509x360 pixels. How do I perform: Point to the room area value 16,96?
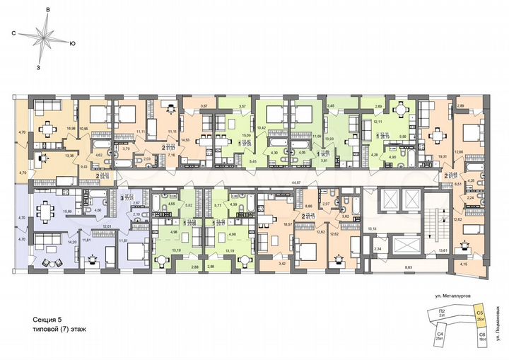pyautogui.click(x=69, y=129)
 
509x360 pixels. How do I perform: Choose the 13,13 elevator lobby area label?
pyautogui.click(x=373, y=228)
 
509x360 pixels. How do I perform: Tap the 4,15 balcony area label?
pyautogui.click(x=462, y=265)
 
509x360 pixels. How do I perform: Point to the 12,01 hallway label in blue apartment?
pyautogui.click(x=108, y=226)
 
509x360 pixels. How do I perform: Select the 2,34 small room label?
pyautogui.click(x=378, y=249)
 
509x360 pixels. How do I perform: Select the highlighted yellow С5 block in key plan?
pyautogui.click(x=479, y=315)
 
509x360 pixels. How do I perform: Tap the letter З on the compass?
pyautogui.click(x=39, y=67)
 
